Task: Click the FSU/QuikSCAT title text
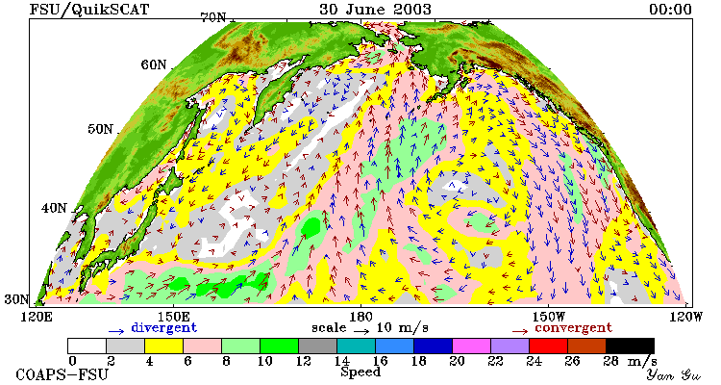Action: tap(89, 9)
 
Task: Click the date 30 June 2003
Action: tap(375, 9)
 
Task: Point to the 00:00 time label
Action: tap(670, 9)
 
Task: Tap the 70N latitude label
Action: tap(213, 17)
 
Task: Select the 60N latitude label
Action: tap(154, 64)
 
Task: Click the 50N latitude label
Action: tap(100, 128)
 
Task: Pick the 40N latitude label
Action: tap(54, 208)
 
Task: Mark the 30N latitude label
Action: tap(17, 299)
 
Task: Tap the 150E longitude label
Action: tap(173, 317)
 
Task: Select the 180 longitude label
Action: tap(360, 317)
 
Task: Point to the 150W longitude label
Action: tap(549, 317)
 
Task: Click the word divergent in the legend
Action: tap(163, 328)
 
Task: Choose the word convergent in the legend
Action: tap(573, 328)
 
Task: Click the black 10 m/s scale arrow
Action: tap(361, 330)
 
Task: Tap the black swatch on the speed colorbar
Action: tap(630, 346)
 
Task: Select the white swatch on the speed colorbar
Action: tap(87, 346)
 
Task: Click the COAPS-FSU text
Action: tap(62, 374)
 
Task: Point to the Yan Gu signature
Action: tap(673, 374)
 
